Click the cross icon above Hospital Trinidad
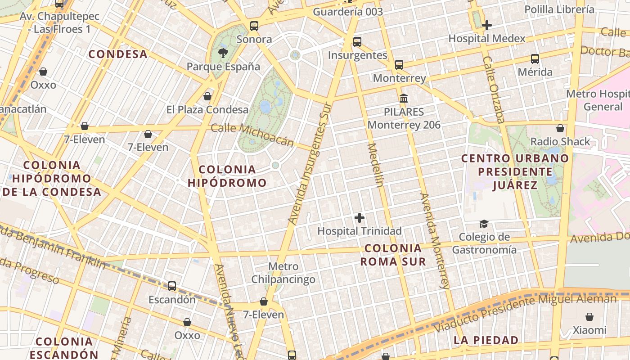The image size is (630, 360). [x=359, y=218]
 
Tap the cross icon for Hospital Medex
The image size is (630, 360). [x=486, y=25]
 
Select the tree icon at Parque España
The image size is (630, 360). [x=223, y=54]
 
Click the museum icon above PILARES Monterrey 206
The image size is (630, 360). [x=404, y=98]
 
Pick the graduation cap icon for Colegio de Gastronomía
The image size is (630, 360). [x=484, y=224]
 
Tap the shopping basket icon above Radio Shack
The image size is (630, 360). [x=560, y=129]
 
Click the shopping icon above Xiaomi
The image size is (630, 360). [x=589, y=317]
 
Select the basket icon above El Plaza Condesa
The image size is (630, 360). [x=207, y=96]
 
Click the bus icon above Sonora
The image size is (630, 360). [x=254, y=26]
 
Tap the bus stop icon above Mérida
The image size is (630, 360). [x=535, y=58]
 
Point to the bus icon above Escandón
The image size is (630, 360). [x=172, y=286]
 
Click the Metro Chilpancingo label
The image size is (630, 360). [x=283, y=273]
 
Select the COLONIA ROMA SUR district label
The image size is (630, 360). [x=393, y=255]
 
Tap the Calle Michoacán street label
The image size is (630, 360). [x=252, y=135]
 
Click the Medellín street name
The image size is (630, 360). [x=377, y=165]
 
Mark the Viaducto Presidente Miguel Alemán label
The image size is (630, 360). [x=525, y=313]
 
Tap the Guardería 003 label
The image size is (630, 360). [x=348, y=12]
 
